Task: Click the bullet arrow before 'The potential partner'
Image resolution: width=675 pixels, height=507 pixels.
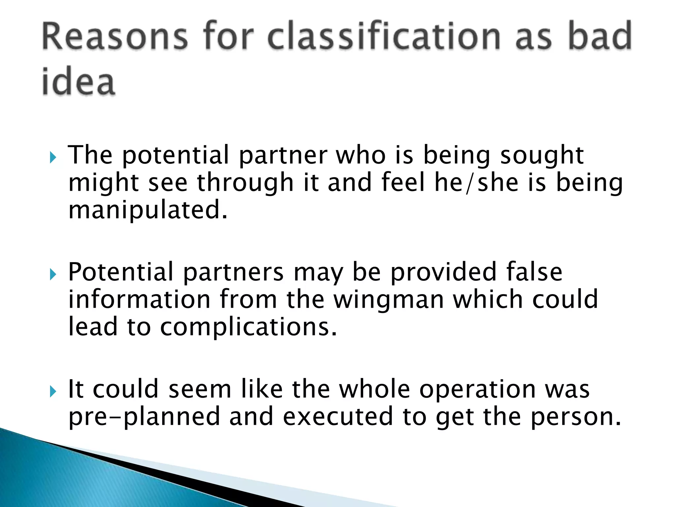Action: [x=53, y=157]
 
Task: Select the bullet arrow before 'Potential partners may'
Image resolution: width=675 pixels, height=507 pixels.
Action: [x=53, y=274]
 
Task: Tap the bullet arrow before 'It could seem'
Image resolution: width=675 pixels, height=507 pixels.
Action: [x=53, y=392]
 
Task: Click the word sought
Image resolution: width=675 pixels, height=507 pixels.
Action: [x=542, y=155]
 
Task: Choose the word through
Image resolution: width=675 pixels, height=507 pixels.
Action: [x=245, y=183]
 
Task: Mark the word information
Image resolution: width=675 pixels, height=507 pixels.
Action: [x=139, y=299]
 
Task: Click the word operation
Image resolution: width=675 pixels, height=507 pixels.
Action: [x=478, y=390]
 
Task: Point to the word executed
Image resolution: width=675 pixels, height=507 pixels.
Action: [x=338, y=417]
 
